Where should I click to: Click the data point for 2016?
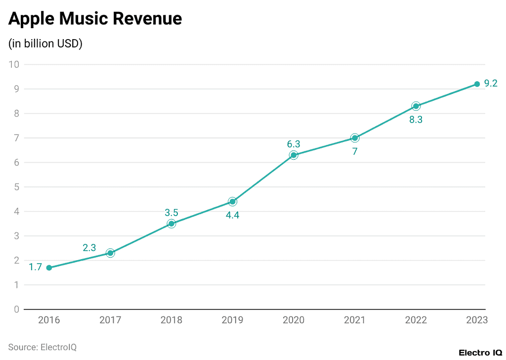click(x=49, y=268)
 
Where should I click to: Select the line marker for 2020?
click(x=294, y=155)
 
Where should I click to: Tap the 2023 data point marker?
click(x=477, y=84)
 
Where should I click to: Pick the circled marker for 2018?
click(x=171, y=224)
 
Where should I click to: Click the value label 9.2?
click(x=491, y=84)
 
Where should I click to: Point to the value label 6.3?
click(x=294, y=144)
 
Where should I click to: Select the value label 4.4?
click(x=232, y=216)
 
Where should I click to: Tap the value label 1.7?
click(x=35, y=267)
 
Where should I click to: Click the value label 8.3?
click(x=416, y=119)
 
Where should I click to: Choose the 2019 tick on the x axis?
click(x=232, y=320)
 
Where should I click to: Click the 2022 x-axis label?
click(x=416, y=320)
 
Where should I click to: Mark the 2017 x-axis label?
click(x=110, y=320)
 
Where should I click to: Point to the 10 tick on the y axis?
click(x=14, y=64)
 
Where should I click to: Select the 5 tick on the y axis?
click(x=16, y=187)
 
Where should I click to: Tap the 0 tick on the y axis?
click(x=16, y=310)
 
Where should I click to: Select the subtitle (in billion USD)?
click(x=45, y=44)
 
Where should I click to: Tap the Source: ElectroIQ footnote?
click(x=42, y=347)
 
